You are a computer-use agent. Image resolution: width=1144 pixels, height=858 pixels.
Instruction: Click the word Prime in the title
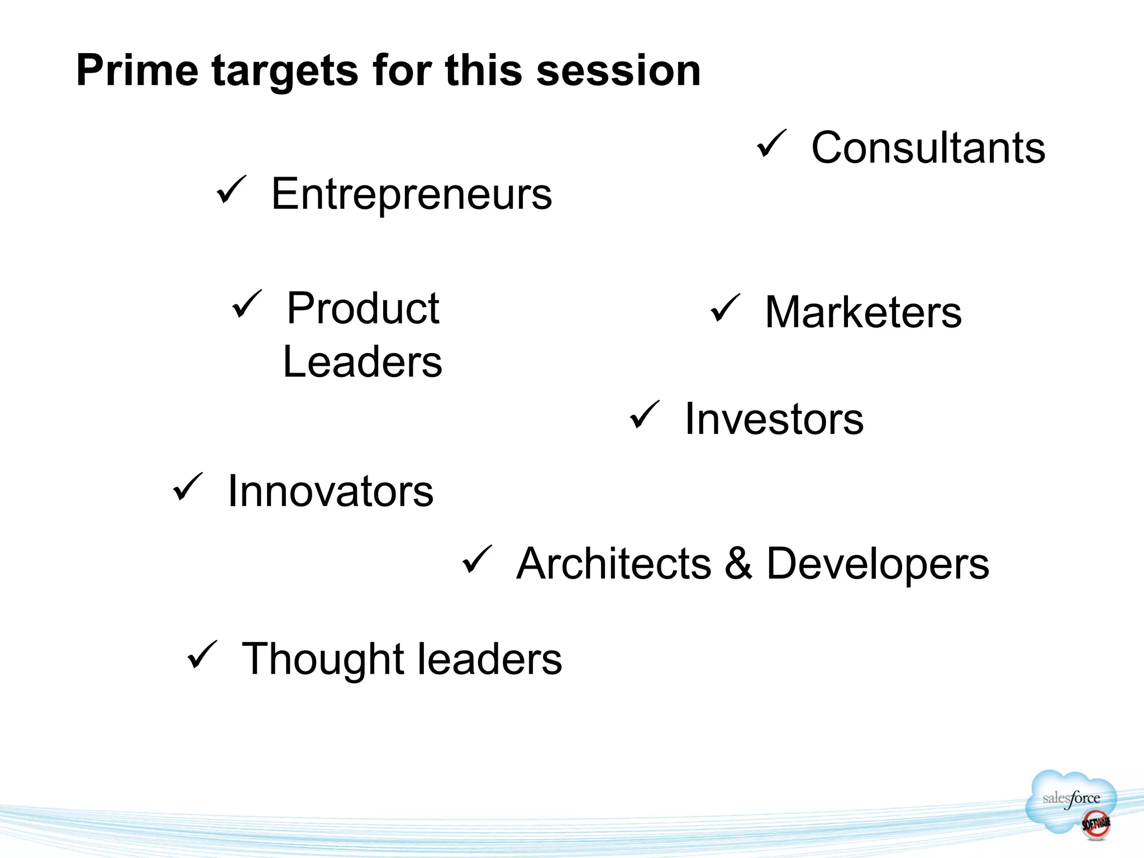click(137, 71)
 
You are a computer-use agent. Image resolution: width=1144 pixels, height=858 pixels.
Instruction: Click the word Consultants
click(928, 147)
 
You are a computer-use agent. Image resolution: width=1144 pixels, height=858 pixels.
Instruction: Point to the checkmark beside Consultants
click(771, 144)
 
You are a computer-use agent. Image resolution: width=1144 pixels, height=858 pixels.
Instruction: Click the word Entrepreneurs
click(412, 194)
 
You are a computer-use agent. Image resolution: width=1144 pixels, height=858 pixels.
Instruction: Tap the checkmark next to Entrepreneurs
click(231, 190)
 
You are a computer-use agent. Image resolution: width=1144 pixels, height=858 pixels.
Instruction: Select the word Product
click(363, 308)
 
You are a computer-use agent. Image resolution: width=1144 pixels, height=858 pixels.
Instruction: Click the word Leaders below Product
click(363, 362)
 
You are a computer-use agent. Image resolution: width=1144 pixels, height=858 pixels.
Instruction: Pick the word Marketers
click(863, 312)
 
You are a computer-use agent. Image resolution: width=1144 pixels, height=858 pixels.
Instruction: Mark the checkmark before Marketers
click(725, 308)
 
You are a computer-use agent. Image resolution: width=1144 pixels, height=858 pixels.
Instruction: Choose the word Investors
click(774, 419)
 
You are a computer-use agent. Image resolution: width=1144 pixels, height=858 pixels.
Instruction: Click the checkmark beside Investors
click(644, 415)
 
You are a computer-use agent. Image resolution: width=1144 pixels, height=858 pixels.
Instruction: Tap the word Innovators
click(331, 491)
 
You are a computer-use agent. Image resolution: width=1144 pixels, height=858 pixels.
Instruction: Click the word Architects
click(614, 564)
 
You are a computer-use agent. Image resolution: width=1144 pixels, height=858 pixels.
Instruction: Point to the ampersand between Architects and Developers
click(739, 563)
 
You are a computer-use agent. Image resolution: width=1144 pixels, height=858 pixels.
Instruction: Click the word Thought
click(322, 660)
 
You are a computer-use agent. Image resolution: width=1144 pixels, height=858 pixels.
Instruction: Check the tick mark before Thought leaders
click(202, 655)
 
